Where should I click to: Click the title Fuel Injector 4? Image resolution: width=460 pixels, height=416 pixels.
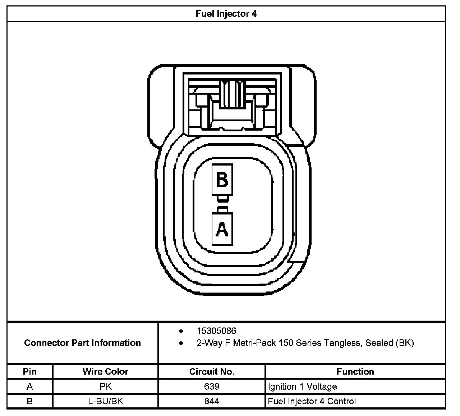coord(226,14)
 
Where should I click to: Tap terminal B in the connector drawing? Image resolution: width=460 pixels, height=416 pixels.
coord(222,179)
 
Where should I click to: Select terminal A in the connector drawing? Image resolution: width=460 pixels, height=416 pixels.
coord(222,229)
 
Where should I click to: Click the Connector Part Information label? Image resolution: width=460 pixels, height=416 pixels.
coord(82,343)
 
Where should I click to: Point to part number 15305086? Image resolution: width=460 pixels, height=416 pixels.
coord(216,331)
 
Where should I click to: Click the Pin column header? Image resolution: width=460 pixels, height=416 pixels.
coord(30,371)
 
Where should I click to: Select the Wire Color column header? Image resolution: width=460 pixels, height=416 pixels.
coord(105,371)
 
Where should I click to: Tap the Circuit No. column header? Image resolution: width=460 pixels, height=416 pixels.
coord(212,371)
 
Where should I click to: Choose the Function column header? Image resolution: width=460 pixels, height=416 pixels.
coord(355,371)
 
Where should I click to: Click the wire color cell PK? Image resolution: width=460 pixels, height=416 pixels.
coord(105,386)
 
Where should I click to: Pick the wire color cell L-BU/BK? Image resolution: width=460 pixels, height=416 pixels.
coord(105,401)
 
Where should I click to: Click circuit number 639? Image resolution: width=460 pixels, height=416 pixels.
coord(212,386)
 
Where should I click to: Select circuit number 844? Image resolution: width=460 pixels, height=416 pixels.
coord(212,401)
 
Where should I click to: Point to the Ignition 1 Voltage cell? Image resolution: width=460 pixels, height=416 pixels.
coord(303,387)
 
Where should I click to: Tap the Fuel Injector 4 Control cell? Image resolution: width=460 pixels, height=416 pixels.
coord(312,401)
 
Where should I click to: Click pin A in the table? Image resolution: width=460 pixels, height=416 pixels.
coord(30,386)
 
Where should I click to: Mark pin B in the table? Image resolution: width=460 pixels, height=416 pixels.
coord(30,401)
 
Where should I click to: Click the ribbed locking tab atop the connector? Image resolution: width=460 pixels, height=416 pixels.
coord(231,94)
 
